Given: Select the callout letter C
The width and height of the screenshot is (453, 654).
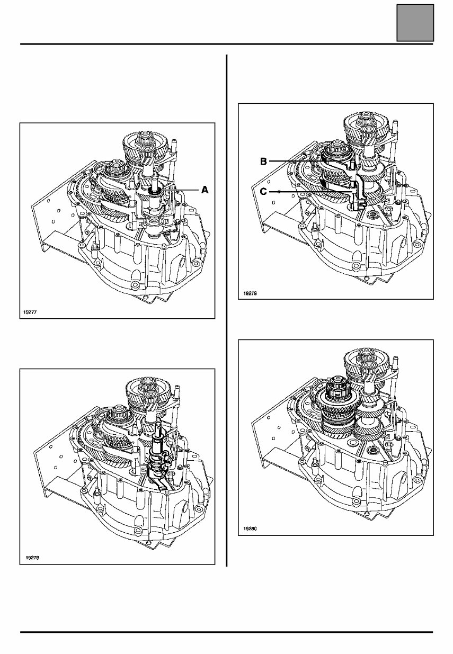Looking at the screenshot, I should [x=263, y=191].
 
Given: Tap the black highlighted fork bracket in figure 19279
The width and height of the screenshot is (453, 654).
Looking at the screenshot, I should [x=354, y=185].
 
